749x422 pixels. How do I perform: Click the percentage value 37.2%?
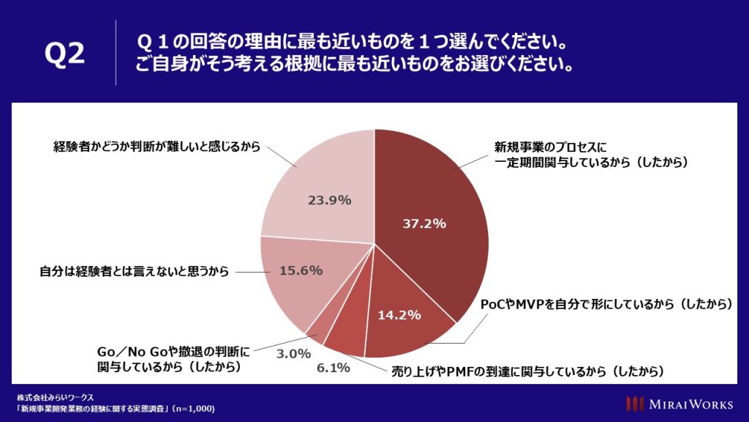click(424, 224)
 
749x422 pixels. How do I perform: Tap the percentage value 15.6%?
click(301, 270)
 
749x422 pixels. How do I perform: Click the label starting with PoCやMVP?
click(606, 304)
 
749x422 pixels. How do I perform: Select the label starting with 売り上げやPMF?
click(527, 371)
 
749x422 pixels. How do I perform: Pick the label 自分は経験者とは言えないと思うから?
click(134, 271)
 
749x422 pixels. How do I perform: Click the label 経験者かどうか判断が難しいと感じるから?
click(157, 146)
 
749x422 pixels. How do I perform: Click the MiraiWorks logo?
click(680, 404)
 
